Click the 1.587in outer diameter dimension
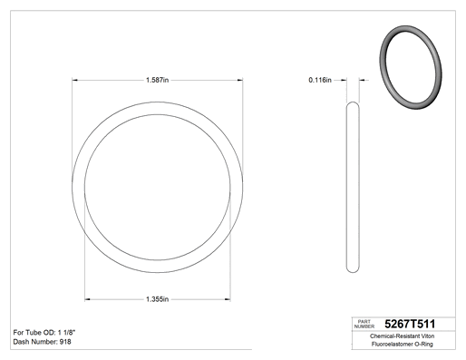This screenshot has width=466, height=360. coord(157,80)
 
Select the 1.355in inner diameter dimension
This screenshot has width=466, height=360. coord(157,299)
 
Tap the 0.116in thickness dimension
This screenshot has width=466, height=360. coord(320,80)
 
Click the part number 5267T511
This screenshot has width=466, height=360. coord(410,324)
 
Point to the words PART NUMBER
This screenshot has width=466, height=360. coord(364,324)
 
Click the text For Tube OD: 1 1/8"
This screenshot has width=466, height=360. coord(44,333)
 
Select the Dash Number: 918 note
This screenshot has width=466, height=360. coord(42,342)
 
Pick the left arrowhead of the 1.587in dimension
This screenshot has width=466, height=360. coord(74,80)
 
